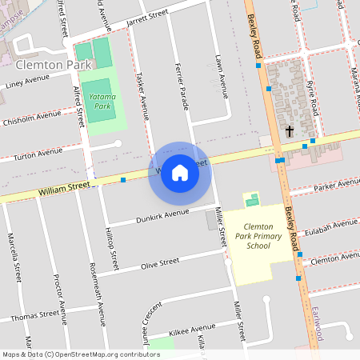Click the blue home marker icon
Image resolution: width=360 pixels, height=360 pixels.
coord(180,172)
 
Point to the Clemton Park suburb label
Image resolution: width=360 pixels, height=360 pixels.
coord(50,63)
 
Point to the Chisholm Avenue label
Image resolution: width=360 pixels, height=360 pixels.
coord(31,116)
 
